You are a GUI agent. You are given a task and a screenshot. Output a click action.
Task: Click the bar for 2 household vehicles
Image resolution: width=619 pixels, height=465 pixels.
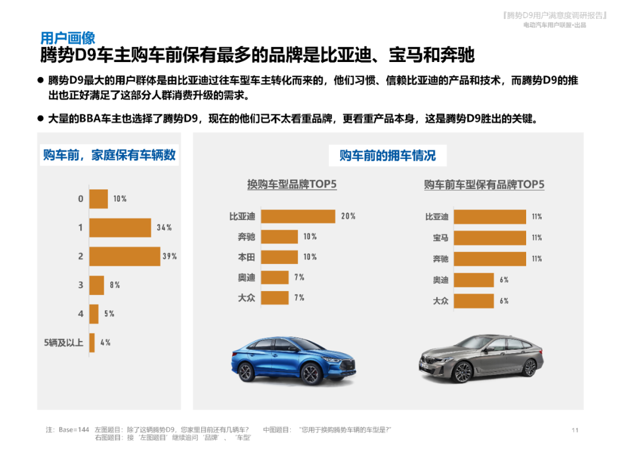click(x=124, y=256)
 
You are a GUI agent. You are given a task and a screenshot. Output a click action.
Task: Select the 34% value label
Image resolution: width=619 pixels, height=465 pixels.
click(x=164, y=227)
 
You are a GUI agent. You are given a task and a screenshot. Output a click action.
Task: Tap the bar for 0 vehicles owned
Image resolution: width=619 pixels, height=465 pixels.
click(x=99, y=199)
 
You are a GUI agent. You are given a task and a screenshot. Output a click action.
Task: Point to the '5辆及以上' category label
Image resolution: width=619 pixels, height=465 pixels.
click(x=64, y=343)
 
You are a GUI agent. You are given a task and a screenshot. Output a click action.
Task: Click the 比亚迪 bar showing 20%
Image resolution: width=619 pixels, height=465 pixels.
click(x=298, y=216)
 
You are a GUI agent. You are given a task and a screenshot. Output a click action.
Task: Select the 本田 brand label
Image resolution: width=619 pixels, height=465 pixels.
click(x=246, y=257)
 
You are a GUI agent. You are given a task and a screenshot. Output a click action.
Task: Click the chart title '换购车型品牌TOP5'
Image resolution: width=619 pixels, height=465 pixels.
click(x=292, y=184)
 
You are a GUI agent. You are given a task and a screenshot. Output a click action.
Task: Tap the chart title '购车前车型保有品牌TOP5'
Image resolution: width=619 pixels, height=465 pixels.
click(x=484, y=184)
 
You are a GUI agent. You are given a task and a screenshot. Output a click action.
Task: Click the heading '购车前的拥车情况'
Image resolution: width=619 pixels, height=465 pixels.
click(x=387, y=155)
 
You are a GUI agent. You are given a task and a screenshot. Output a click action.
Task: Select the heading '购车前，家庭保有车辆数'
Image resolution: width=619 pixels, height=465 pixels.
click(x=109, y=155)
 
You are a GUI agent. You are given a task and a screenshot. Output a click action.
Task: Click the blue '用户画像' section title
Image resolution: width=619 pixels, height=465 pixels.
click(x=68, y=38)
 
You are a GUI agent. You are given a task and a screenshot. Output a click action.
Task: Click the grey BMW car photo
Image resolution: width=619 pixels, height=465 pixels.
click(x=480, y=359)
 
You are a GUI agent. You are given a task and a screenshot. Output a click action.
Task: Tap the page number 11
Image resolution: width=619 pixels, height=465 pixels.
click(x=575, y=430)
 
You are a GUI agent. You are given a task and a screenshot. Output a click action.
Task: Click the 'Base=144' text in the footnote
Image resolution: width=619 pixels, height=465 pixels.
click(x=74, y=430)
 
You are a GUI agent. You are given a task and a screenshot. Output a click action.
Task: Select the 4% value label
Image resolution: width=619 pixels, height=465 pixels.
click(x=105, y=343)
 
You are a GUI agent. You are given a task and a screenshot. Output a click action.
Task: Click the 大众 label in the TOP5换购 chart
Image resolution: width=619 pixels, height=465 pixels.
click(x=246, y=298)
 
